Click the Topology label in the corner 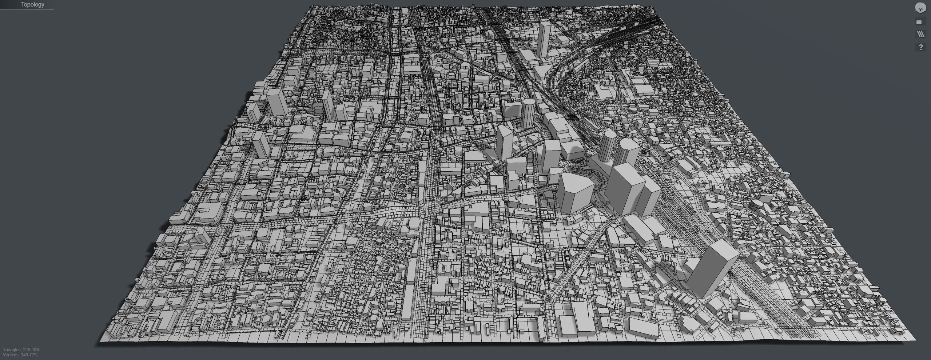click(x=32, y=5)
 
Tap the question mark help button click(x=921, y=47)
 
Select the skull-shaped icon click(x=921, y=8)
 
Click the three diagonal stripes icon click(x=921, y=35)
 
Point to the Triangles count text click(x=21, y=350)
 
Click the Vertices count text click(x=20, y=355)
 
